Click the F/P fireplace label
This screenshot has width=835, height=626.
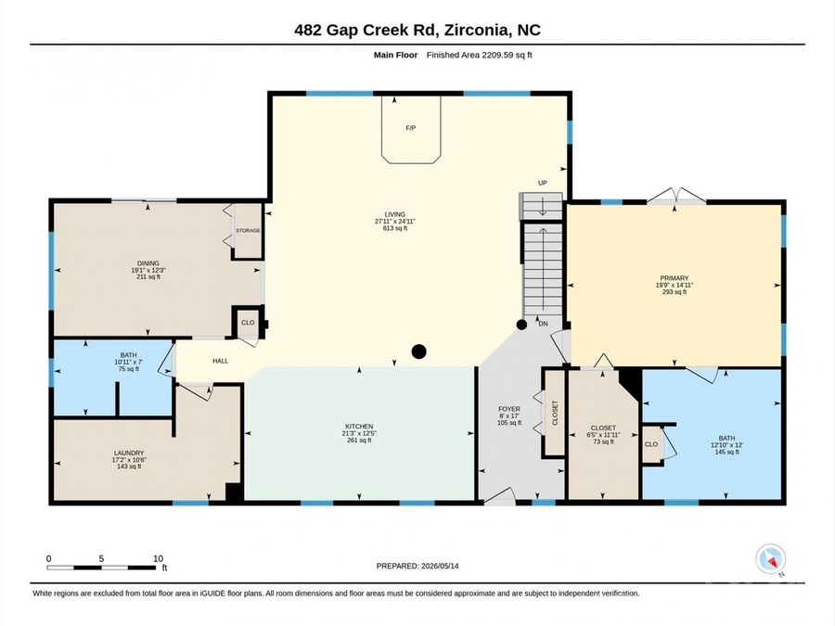(x=411, y=128)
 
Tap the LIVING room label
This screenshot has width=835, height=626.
(x=395, y=214)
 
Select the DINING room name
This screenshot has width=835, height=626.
(x=148, y=263)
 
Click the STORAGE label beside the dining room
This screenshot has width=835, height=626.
(x=248, y=231)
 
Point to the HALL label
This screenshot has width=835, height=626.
(x=221, y=361)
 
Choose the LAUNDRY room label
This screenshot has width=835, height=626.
(x=129, y=453)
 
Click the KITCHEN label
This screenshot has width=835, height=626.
(x=359, y=427)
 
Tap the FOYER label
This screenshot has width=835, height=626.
(x=509, y=409)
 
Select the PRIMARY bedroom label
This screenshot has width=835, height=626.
(x=674, y=278)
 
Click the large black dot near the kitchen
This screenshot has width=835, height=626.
(x=419, y=351)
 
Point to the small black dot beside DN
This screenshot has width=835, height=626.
(x=521, y=325)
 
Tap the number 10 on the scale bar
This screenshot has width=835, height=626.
(x=158, y=558)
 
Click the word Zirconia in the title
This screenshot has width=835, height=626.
(x=477, y=30)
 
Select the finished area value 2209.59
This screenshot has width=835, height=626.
(x=498, y=55)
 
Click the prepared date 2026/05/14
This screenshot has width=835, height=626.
(x=440, y=566)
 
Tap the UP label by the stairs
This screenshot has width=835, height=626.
(x=543, y=183)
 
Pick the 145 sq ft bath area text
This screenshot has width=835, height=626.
(x=726, y=452)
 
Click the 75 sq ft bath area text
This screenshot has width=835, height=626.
(x=128, y=369)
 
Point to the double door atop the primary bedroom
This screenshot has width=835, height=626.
(x=676, y=196)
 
